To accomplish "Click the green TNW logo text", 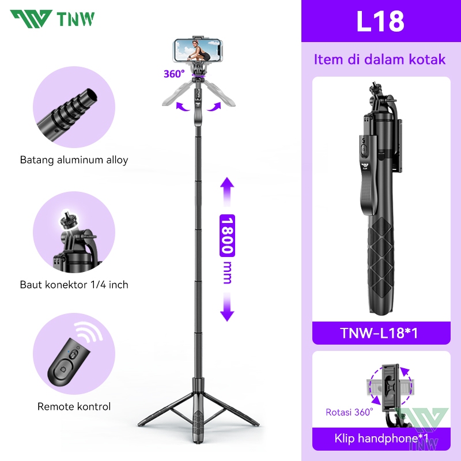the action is point(75,19).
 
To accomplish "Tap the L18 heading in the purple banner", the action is point(380,21).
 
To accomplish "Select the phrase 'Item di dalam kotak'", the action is point(380,59).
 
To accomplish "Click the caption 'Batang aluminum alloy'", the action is point(74,160).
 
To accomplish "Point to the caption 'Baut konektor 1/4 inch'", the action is point(74,285).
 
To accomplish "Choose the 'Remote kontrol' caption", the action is point(74,407).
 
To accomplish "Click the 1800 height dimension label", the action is point(227,236).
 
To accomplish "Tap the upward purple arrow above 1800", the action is point(227,191).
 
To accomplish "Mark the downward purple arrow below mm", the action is point(227,307).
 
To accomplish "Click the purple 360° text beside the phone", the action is point(174,74).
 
